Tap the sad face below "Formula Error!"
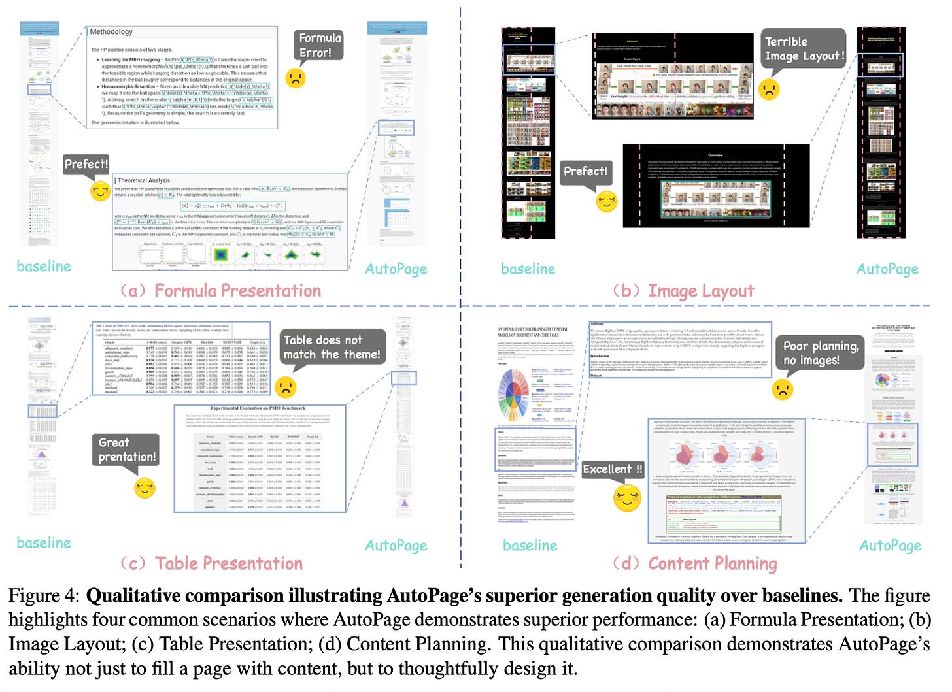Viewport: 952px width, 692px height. coord(296,78)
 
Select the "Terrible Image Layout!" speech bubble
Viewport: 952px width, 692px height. coord(804,49)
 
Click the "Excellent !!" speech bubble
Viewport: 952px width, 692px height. coord(613,469)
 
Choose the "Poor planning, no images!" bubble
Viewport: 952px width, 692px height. coord(820,353)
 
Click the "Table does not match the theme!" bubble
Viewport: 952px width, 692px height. coord(331,347)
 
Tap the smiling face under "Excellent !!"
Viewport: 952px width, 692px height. coord(628,498)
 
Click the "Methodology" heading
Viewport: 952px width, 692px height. coord(111,32)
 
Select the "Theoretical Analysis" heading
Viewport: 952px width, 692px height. coord(144,180)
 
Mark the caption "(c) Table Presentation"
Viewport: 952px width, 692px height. coord(212,563)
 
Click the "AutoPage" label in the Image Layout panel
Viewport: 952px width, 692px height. coord(887,269)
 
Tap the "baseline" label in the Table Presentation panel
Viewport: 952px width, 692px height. coord(44,542)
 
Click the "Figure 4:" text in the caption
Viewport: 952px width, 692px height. coord(43,596)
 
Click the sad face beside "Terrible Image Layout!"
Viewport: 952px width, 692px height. coord(770,89)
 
